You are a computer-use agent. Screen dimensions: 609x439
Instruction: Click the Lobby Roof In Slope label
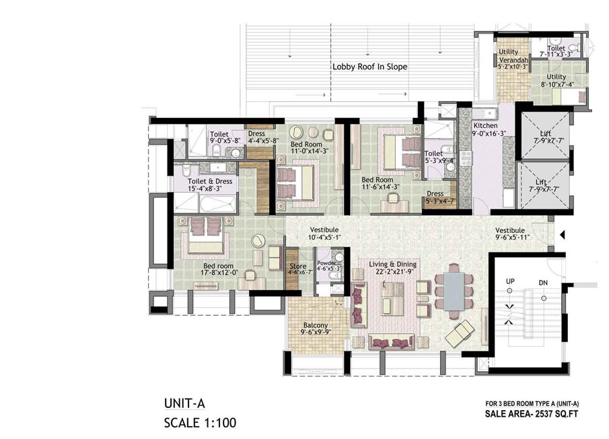[369, 67]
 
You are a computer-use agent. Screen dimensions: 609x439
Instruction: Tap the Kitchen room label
[485, 125]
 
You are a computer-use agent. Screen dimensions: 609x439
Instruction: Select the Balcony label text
[316, 325]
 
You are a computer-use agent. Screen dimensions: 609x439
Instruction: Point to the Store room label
[298, 266]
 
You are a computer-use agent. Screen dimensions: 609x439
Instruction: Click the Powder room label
[326, 263]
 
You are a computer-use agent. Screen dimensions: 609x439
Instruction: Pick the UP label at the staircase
[510, 281]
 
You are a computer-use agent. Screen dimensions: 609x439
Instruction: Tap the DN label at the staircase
[543, 283]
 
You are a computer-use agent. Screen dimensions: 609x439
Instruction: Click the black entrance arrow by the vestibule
[562, 235]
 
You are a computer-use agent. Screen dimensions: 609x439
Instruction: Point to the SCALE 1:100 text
[200, 423]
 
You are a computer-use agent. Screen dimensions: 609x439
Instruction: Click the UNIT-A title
[184, 403]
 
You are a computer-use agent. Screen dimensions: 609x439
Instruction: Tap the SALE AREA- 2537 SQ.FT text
[532, 413]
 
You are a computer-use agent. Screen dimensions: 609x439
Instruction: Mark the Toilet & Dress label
[210, 181]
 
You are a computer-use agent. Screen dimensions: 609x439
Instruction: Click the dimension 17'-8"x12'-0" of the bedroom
[219, 273]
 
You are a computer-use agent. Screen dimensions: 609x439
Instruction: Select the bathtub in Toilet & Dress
[218, 204]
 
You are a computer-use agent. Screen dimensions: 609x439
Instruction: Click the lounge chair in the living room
[460, 333]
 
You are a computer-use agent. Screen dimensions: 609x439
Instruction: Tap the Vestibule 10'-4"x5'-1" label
[325, 234]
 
